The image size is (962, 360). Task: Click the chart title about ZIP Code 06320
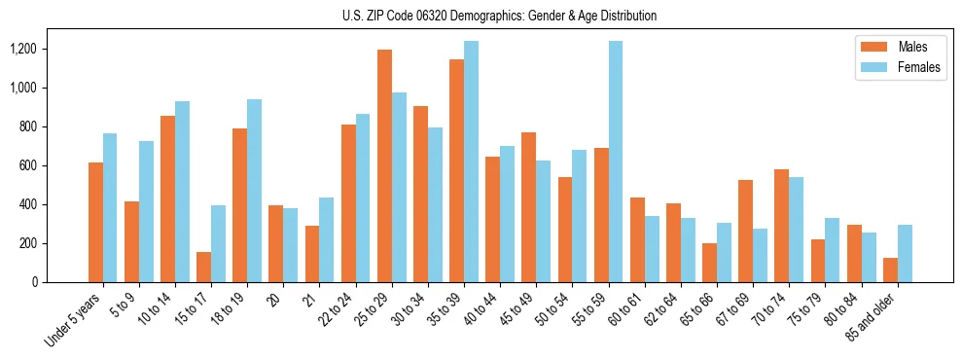click(x=499, y=16)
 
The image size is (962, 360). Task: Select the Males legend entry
click(x=898, y=47)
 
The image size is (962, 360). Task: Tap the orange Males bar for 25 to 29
click(x=384, y=165)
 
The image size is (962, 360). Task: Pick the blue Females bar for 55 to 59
click(x=616, y=162)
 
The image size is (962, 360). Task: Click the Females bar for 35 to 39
click(x=471, y=162)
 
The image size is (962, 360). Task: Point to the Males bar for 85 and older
click(x=890, y=270)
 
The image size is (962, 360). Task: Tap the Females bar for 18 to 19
click(x=254, y=191)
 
